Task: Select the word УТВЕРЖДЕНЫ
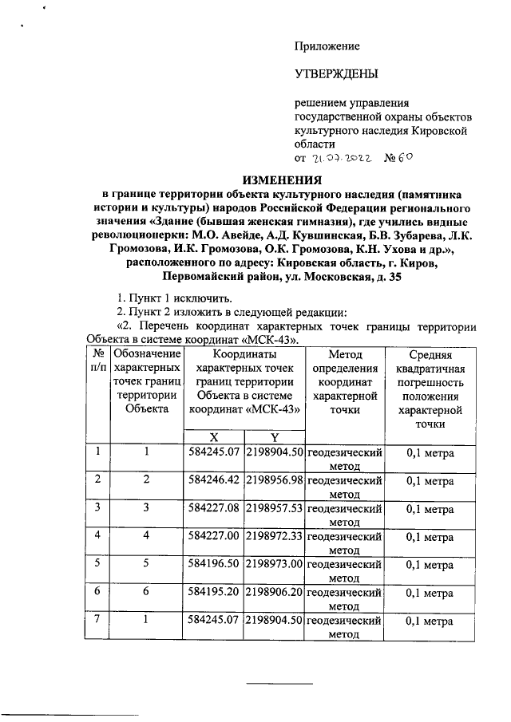pyautogui.click(x=335, y=74)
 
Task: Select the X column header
pyautogui.click(x=214, y=436)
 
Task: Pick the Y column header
pyautogui.click(x=274, y=436)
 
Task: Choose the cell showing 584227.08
pyautogui.click(x=214, y=508)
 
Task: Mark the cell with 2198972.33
pyautogui.click(x=274, y=536)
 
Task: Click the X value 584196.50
pyautogui.click(x=214, y=564)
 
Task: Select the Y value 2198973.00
pyautogui.click(x=274, y=564)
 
